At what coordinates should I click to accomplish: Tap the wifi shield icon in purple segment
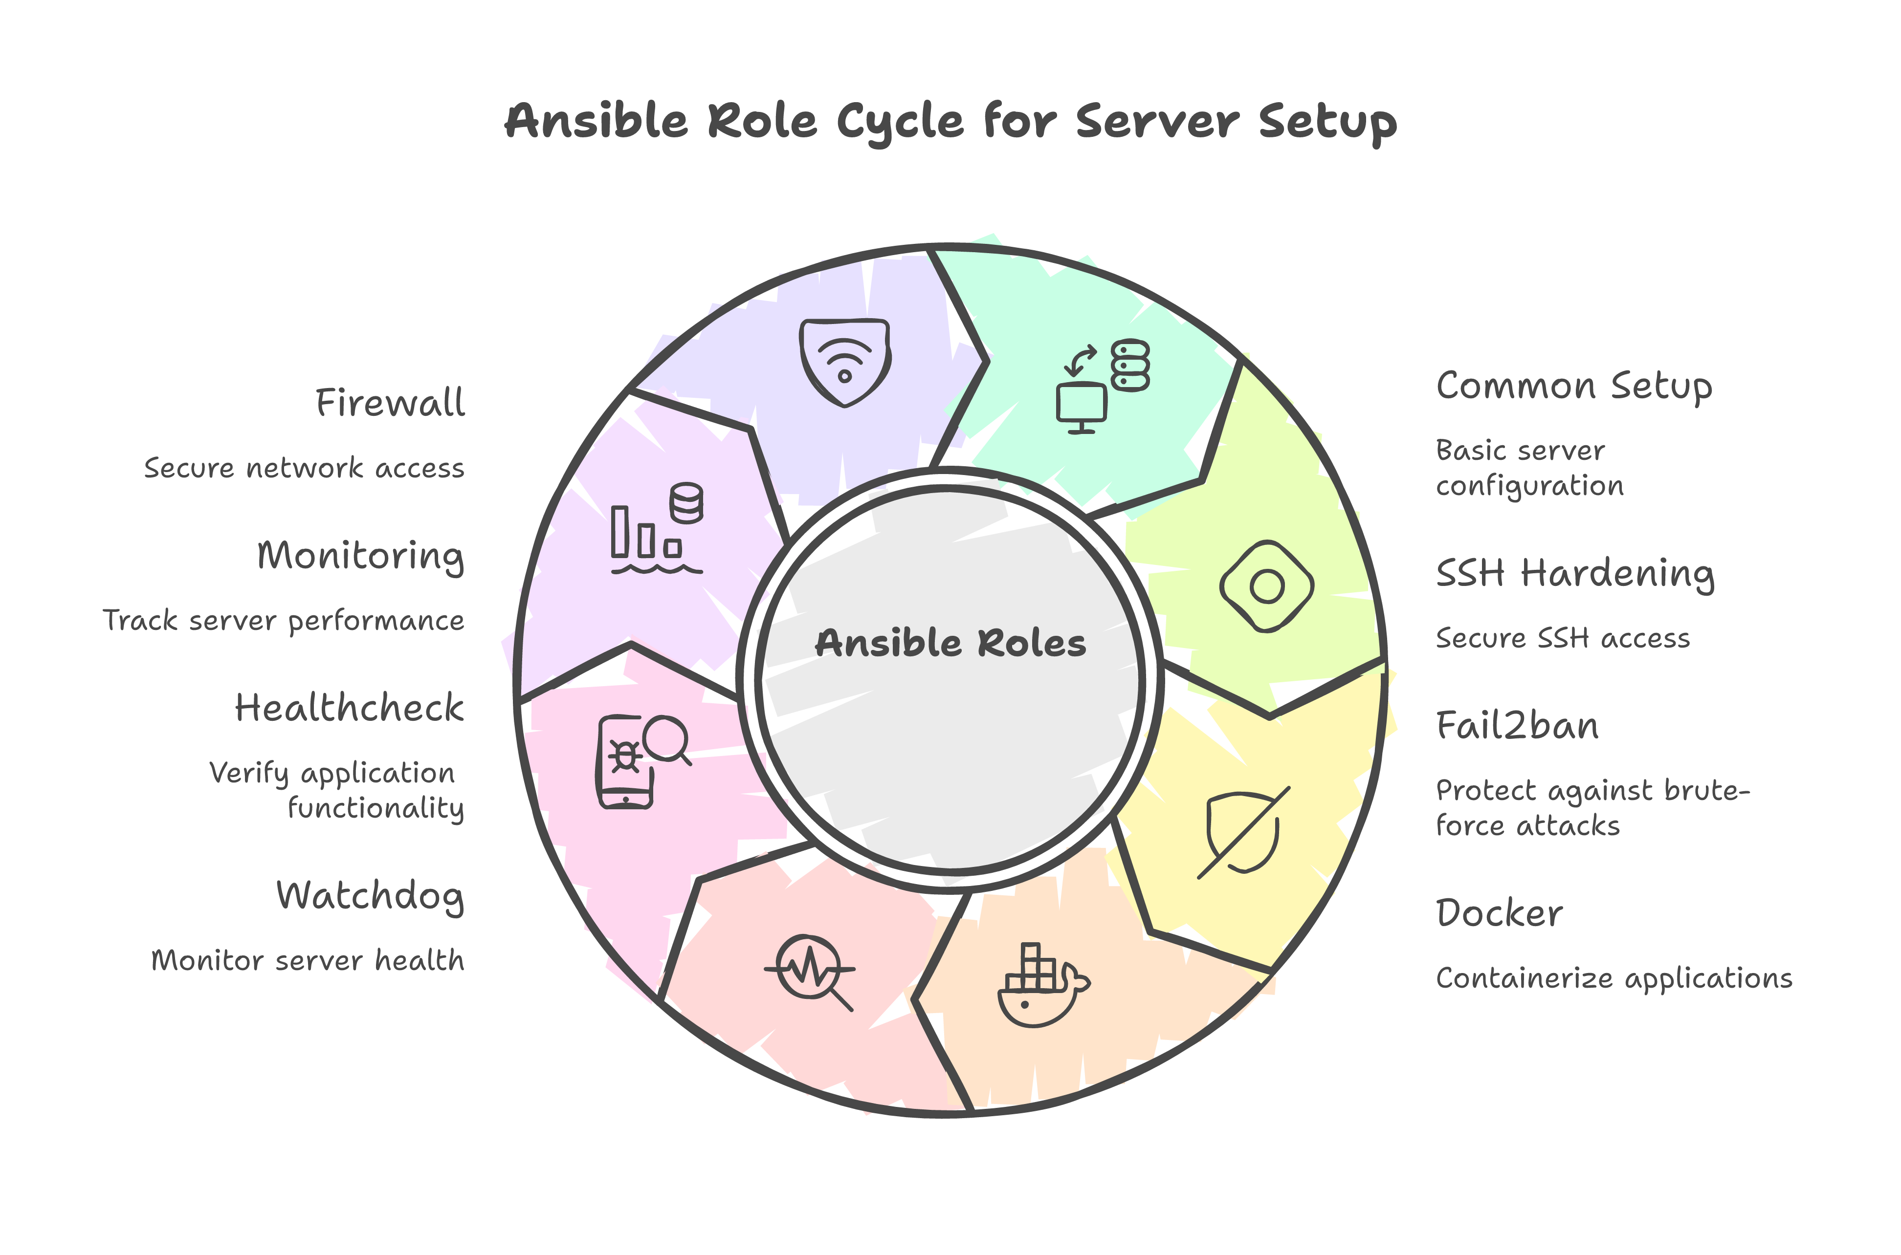pos(845,363)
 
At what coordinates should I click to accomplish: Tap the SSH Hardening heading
pos(1574,574)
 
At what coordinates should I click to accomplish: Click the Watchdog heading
pos(370,896)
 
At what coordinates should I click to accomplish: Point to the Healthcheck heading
pos(349,708)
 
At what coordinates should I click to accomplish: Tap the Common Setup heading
pos(1573,387)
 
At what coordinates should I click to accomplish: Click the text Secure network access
pos(304,468)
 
